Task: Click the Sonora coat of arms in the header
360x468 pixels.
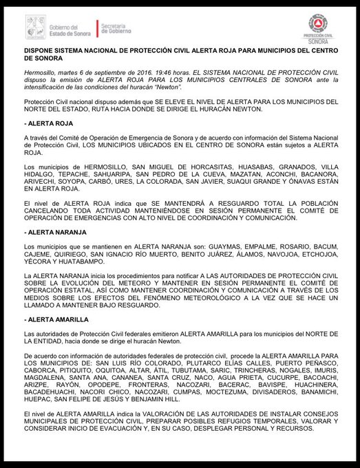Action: [x=34, y=26]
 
